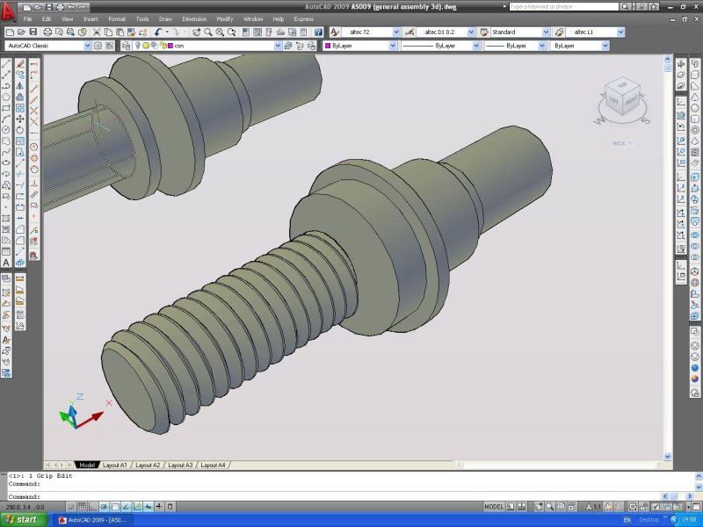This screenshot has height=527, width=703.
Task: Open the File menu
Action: (x=28, y=18)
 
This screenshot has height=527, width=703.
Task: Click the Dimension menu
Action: (x=194, y=18)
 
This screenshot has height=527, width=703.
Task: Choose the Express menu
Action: (x=303, y=18)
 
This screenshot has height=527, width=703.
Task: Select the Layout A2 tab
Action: (x=147, y=465)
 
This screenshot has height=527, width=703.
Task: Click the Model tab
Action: (x=87, y=465)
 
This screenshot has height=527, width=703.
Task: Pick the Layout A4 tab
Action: (x=212, y=465)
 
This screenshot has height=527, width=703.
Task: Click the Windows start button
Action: (x=21, y=520)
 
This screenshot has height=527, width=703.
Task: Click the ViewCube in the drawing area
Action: (x=623, y=97)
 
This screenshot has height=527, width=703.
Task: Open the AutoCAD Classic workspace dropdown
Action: (x=48, y=45)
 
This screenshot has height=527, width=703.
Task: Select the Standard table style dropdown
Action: (x=519, y=32)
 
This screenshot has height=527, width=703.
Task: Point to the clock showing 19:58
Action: (x=686, y=520)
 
